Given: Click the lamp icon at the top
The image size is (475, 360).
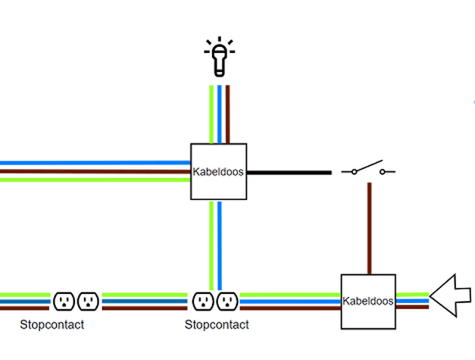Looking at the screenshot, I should pos(219,58).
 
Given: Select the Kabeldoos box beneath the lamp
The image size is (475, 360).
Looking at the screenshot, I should pos(218,171).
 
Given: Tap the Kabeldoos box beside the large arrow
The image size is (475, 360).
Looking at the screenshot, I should pos(368,301).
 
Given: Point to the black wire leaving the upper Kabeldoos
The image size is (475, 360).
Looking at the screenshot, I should pos(289,172).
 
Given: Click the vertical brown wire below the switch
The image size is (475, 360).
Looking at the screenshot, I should pos(369,227).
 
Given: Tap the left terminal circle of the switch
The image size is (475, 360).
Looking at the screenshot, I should pos(354,172).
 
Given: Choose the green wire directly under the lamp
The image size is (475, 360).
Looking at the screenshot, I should pos(211,114).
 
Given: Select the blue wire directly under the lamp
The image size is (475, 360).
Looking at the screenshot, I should pos(219,114).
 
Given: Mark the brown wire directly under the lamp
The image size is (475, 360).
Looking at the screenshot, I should pos(227,114).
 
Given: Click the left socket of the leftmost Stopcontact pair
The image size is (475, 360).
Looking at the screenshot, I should pos(64,302).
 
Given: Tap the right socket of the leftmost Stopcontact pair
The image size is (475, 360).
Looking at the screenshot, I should pos(87,302).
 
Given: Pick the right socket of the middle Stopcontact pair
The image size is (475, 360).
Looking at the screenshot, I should pos(227,302).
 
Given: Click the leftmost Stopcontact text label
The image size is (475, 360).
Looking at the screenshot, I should pos(52,324).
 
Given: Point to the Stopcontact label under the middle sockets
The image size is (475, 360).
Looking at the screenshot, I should pos(217,324).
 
